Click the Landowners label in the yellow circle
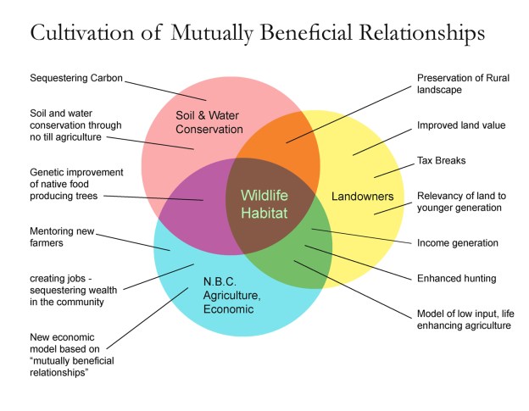click(362, 196)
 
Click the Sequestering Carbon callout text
click(75, 79)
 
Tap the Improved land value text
click(461, 125)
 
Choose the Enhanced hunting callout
click(455, 277)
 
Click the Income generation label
click(458, 242)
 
